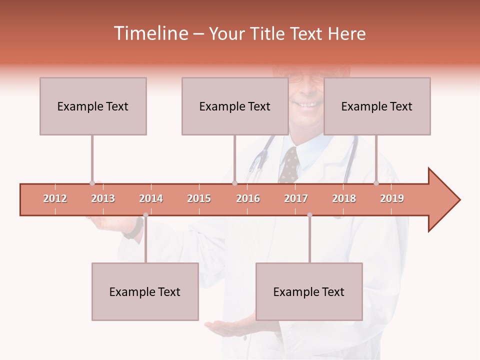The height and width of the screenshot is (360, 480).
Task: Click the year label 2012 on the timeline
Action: (x=55, y=198)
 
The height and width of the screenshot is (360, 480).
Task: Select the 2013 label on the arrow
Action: (x=103, y=198)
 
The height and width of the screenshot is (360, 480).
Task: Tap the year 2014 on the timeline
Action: (x=151, y=198)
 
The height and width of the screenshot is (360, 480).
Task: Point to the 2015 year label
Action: (x=199, y=198)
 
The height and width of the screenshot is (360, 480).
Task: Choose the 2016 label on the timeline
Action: (x=248, y=198)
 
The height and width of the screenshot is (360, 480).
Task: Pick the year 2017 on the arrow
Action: (x=296, y=198)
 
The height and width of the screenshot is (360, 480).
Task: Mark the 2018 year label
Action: (x=344, y=198)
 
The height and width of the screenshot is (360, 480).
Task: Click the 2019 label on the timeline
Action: (x=392, y=198)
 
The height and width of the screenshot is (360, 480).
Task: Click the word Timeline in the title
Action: (x=150, y=33)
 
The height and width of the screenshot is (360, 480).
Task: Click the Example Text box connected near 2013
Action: (x=93, y=106)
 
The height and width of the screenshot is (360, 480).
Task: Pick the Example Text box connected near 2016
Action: (x=235, y=106)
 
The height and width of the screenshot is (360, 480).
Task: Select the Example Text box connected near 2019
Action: (x=377, y=106)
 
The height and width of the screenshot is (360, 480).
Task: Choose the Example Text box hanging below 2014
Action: (x=145, y=291)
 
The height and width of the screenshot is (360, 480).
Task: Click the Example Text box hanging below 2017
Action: (x=309, y=291)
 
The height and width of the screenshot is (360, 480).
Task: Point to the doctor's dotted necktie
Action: (x=289, y=165)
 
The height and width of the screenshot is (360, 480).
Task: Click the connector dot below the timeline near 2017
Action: (x=309, y=215)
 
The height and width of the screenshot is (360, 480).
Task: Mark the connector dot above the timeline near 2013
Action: (x=92, y=183)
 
